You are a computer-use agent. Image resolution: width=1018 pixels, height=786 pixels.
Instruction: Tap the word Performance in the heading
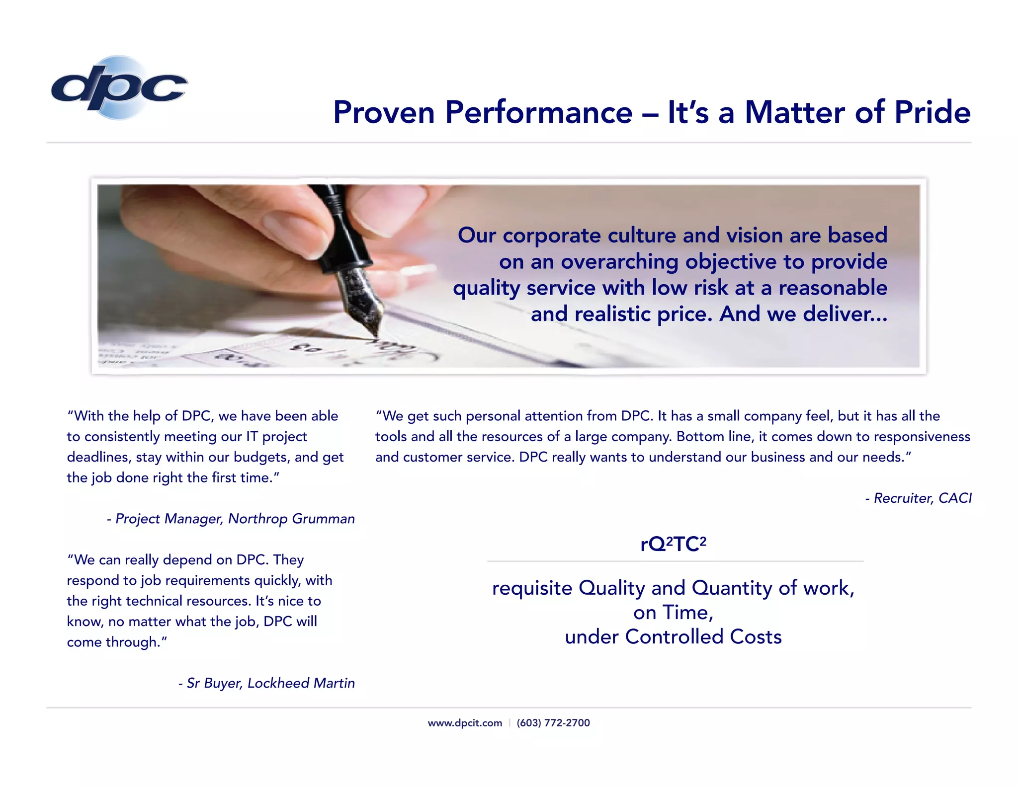pos(538,112)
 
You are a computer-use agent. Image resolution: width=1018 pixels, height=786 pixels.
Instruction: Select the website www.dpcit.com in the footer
pos(465,723)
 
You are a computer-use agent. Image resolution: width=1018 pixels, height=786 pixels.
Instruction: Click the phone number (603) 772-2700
pos(553,723)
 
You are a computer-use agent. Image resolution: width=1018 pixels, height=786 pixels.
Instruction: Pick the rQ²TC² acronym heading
pos(673,545)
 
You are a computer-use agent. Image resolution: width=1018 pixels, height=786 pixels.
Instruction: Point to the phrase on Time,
pos(673,613)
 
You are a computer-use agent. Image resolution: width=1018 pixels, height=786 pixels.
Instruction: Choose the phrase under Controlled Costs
pos(673,637)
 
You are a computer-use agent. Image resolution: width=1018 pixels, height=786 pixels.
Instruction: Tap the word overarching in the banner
pos(619,262)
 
